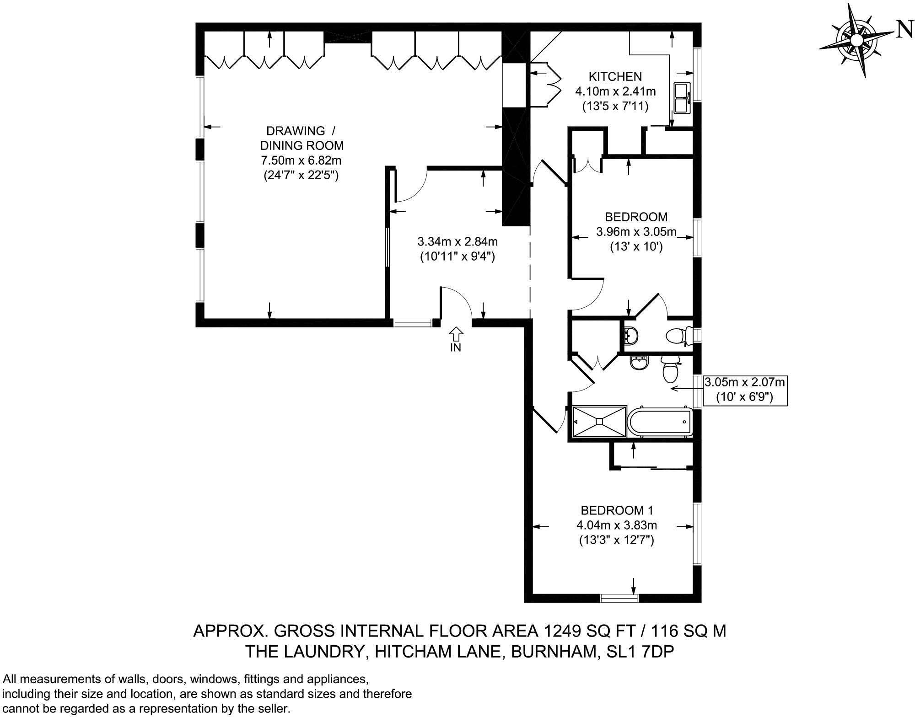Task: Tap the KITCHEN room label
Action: [615, 76]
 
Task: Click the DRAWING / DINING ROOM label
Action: [301, 138]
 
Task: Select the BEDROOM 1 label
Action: [618, 510]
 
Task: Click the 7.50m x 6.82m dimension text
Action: [301, 161]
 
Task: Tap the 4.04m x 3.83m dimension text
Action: [617, 525]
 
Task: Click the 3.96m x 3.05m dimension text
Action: [636, 232]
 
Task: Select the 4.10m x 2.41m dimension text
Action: [615, 91]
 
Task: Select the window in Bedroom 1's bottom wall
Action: [619, 597]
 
